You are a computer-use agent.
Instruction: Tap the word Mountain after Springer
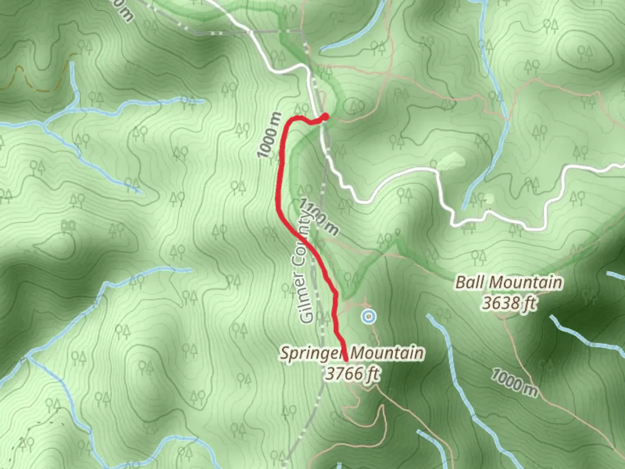click(x=387, y=353)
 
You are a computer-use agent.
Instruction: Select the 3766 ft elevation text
click(x=352, y=373)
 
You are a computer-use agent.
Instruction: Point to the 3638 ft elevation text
click(x=509, y=303)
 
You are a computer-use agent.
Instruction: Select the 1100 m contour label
click(x=319, y=217)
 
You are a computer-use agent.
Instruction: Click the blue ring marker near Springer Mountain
click(x=368, y=317)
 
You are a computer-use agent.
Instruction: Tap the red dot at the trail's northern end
click(x=325, y=116)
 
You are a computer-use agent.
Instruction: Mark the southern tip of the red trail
click(x=346, y=360)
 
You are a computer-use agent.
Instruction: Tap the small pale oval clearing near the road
click(x=489, y=199)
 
